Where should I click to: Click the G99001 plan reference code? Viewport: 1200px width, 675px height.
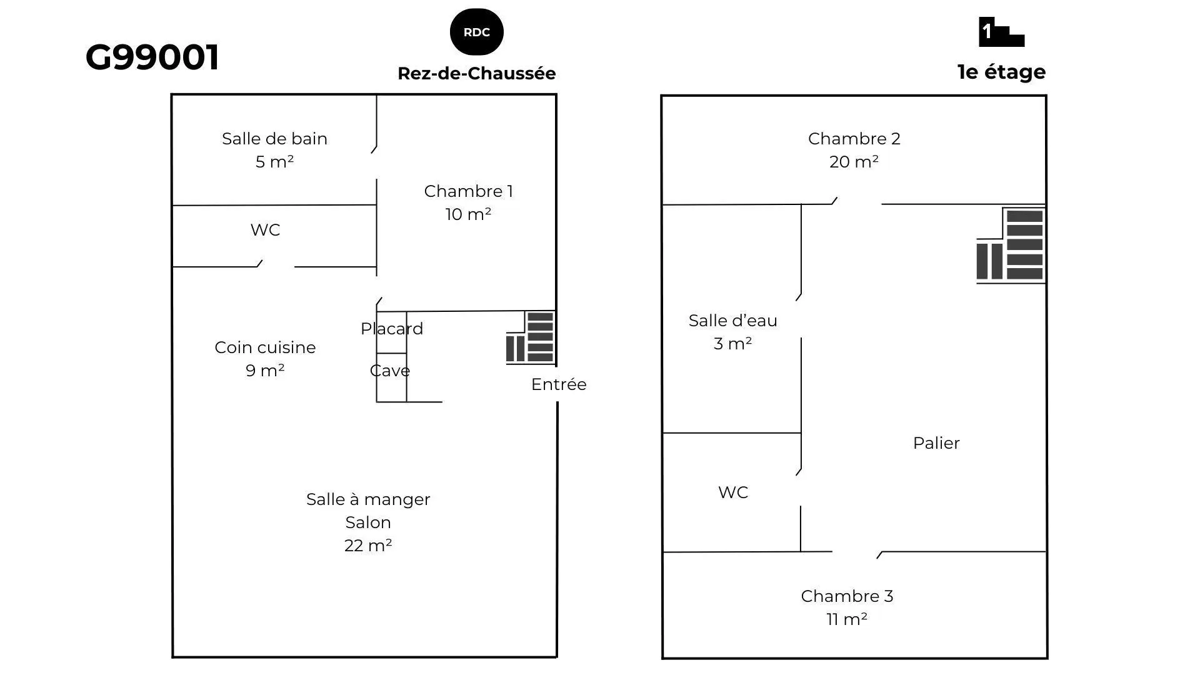(152, 57)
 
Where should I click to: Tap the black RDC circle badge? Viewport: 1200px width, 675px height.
(477, 32)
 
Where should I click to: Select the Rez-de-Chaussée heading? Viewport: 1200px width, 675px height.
(477, 73)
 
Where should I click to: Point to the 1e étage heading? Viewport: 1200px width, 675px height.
(1001, 72)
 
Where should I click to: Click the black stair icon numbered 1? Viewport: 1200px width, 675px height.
(1001, 32)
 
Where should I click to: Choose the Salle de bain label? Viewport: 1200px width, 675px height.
(274, 139)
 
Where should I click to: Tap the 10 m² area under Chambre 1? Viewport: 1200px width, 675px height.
(468, 214)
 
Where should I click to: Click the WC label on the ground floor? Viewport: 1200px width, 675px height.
(265, 230)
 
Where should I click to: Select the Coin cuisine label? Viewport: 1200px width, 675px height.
(265, 347)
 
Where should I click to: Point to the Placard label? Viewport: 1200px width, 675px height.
(392, 329)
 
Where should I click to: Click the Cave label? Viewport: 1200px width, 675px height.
(390, 371)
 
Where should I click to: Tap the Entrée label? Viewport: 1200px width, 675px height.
(559, 384)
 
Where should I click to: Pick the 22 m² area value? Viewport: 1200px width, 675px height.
(368, 546)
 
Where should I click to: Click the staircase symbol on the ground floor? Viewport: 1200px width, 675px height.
(530, 337)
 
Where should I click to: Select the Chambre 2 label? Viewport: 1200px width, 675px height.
(854, 139)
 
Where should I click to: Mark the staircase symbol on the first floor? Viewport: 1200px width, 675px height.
(1011, 246)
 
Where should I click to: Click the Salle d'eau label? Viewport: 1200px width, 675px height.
(733, 321)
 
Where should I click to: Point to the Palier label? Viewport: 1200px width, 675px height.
(936, 443)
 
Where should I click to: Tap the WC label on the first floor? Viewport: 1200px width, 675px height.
(733, 492)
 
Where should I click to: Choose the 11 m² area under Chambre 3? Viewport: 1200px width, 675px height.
(847, 619)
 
